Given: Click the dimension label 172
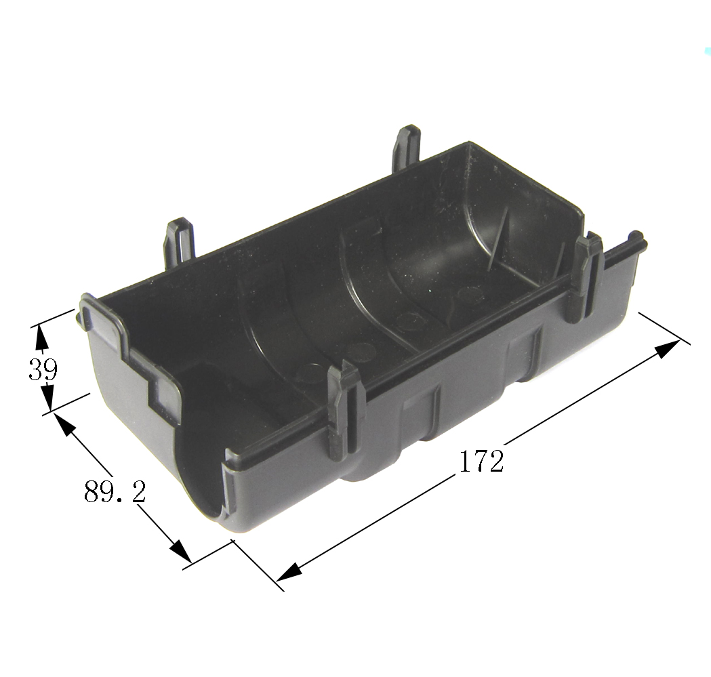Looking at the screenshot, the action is point(481,461).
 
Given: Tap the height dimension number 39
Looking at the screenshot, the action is point(43,369).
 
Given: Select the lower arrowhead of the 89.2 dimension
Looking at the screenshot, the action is point(180,550).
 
